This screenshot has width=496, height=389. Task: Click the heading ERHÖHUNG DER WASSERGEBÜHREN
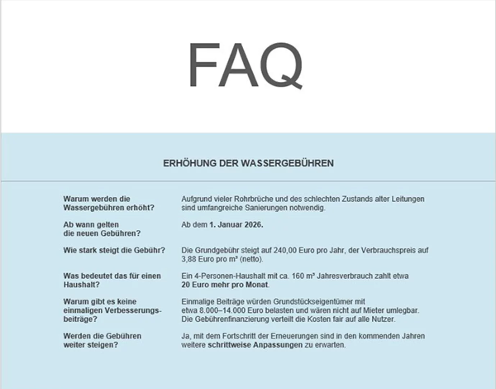click(248, 163)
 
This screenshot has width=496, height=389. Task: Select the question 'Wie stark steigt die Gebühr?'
click(114, 250)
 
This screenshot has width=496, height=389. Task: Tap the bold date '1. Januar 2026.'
click(236, 225)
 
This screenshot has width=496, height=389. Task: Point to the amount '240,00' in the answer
click(284, 250)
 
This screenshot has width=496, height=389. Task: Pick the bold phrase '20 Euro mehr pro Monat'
click(225, 285)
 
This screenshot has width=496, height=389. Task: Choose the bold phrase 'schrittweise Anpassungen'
click(255, 345)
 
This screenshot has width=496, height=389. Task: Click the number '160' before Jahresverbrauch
click(298, 276)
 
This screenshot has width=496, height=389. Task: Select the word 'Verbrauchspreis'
click(389, 250)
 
